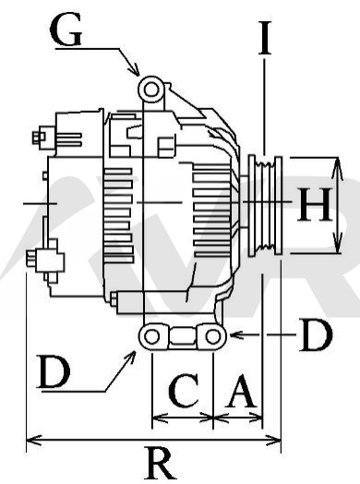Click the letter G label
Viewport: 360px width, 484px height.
66,29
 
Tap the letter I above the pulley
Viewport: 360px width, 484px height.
265,38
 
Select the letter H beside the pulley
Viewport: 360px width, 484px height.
315,204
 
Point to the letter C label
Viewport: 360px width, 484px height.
184,390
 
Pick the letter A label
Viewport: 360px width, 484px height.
241,391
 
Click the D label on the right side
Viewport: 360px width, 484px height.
316,335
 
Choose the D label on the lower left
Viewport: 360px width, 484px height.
54,371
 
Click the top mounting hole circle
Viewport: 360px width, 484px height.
150,90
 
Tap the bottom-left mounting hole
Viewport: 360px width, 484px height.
151,336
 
